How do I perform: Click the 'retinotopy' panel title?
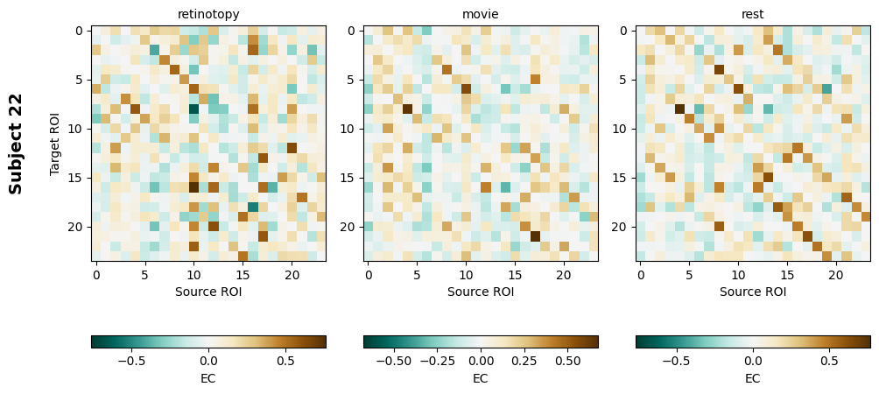pyautogui.click(x=208, y=14)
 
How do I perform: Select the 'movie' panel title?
pyautogui.click(x=480, y=14)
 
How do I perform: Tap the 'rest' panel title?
pyautogui.click(x=753, y=14)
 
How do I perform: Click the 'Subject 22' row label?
pyautogui.click(x=16, y=143)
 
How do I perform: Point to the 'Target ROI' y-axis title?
pyautogui.click(x=55, y=143)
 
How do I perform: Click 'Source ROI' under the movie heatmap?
pyautogui.click(x=481, y=292)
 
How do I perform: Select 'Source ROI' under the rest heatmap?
pyautogui.click(x=753, y=292)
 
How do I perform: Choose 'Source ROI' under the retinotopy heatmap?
pyautogui.click(x=208, y=292)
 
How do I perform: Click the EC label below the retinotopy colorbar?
pyautogui.click(x=208, y=378)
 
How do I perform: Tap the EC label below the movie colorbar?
pyautogui.click(x=481, y=378)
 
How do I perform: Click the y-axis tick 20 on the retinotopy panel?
pyautogui.click(x=78, y=227)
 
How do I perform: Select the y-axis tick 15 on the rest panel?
pyautogui.click(x=622, y=178)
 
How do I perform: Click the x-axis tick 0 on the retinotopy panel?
pyautogui.click(x=96, y=275)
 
